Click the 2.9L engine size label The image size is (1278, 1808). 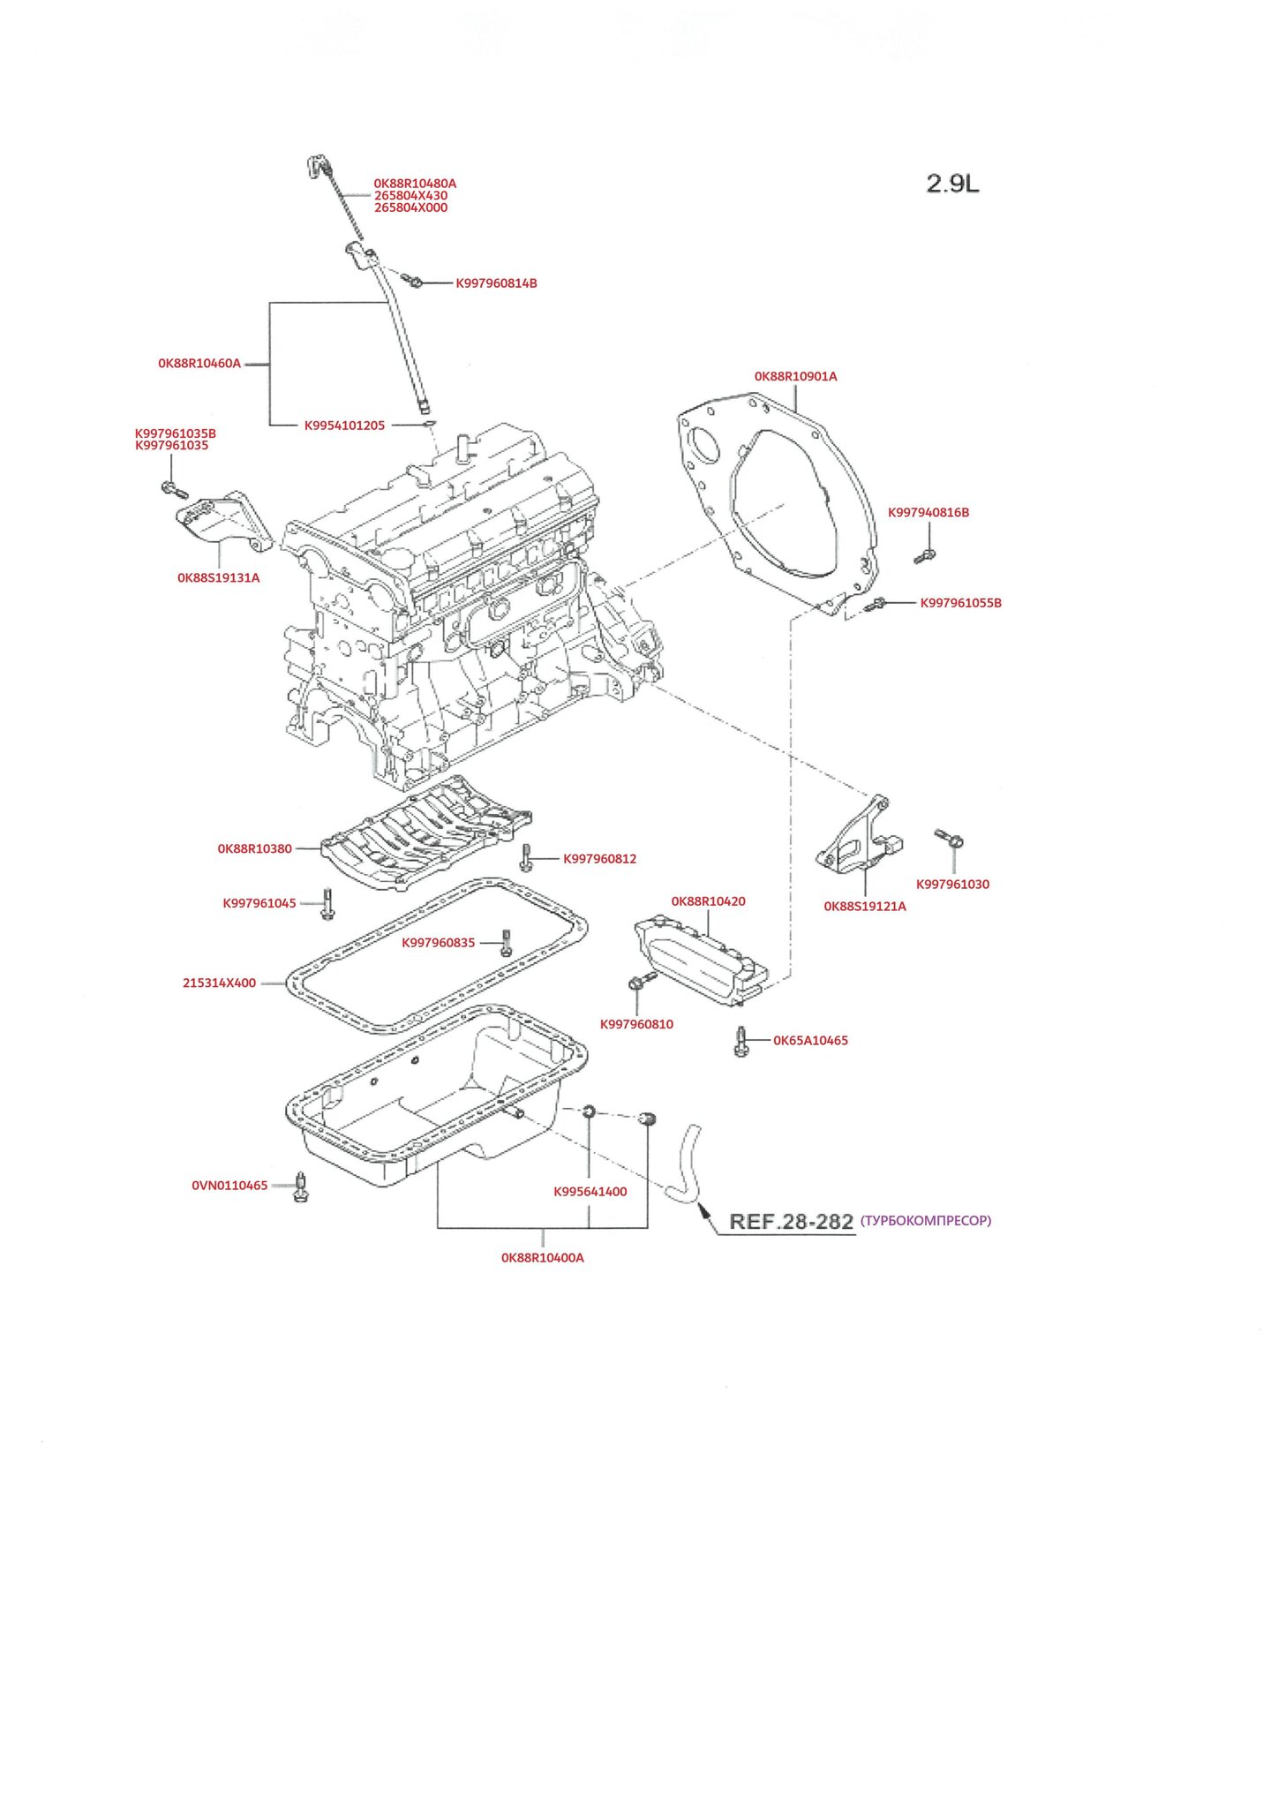(952, 184)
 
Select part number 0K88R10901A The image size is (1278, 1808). (795, 376)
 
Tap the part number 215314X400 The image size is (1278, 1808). (219, 983)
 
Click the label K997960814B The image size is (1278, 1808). (496, 283)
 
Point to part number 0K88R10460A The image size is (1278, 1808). (199, 363)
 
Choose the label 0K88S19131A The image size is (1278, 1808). (218, 578)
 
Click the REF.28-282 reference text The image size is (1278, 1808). (791, 1222)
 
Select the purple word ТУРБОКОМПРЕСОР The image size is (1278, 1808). (926, 1221)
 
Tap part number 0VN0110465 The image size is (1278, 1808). (229, 1186)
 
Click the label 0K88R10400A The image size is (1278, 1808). (542, 1258)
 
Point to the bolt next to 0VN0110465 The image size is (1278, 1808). (301, 1188)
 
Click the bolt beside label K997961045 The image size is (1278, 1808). (327, 903)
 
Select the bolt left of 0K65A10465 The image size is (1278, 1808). (740, 1042)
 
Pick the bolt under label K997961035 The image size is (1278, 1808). (172, 490)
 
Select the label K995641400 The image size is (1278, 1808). (590, 1192)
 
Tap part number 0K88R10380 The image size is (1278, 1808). (254, 848)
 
